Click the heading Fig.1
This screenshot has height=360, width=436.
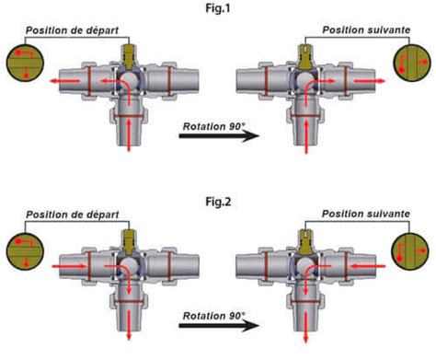217,8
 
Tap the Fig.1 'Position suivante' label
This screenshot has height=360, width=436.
363,30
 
